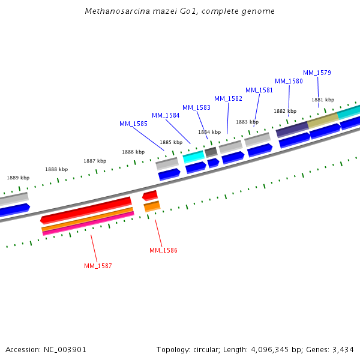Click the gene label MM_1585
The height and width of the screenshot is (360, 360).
click(133, 124)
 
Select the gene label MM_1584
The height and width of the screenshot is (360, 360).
click(166, 115)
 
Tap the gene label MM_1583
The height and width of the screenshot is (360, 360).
click(196, 107)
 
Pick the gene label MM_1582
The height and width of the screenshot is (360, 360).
click(228, 98)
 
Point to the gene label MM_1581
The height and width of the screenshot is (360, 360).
click(259, 90)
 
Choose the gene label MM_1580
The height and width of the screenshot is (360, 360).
click(289, 81)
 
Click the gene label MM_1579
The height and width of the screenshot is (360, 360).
click(317, 73)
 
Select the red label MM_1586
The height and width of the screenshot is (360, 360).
click(163, 250)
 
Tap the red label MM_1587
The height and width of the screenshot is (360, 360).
click(98, 266)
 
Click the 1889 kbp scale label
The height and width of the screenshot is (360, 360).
click(18, 178)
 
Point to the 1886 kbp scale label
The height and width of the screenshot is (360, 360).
click(133, 152)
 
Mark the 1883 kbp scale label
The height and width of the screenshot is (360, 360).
click(247, 122)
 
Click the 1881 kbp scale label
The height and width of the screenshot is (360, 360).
click(323, 100)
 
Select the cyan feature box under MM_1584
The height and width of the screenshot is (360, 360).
click(193, 157)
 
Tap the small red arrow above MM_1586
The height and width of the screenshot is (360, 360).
click(150, 195)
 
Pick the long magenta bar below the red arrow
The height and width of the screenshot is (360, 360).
click(88, 223)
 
